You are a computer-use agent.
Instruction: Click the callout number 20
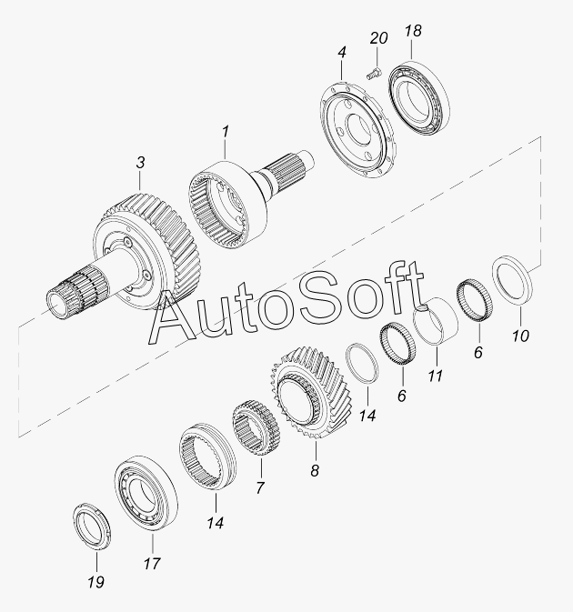tap(378, 38)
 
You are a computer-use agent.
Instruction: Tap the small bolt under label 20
tap(375, 74)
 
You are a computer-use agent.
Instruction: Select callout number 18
tap(413, 30)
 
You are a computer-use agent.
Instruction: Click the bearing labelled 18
tap(419, 98)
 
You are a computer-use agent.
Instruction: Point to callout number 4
tap(342, 53)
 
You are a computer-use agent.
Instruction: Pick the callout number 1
tap(226, 132)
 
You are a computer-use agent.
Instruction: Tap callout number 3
tap(140, 163)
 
